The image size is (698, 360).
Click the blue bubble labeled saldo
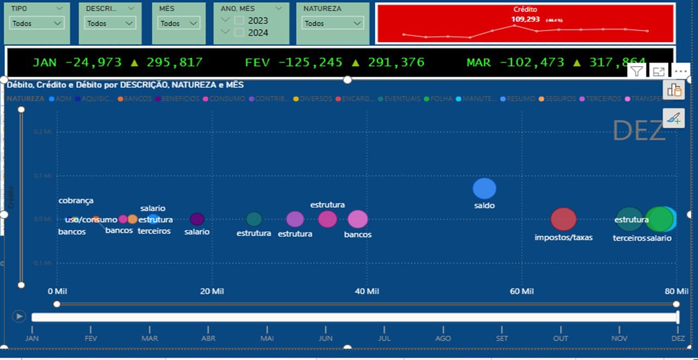pos(484,189)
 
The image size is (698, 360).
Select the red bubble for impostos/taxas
pos(563,219)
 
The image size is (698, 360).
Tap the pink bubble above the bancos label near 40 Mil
pos(358,219)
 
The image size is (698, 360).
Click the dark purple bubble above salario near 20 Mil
pos(197,219)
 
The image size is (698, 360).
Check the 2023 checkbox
pos(239,21)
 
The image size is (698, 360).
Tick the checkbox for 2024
pos(239,33)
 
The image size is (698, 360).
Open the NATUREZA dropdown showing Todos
pos(333,23)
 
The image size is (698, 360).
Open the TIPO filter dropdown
pos(37,23)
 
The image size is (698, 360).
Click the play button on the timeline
pos(19,316)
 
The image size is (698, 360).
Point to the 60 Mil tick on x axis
pos(522,291)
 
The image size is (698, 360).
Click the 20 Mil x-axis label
pos(212,291)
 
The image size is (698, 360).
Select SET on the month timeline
pos(502,338)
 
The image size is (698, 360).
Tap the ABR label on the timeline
pos(208,338)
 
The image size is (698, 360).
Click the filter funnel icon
pos(637,71)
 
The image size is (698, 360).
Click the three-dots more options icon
pos(680,71)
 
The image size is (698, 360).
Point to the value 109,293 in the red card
pos(525,19)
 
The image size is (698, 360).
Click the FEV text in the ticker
pos(257,62)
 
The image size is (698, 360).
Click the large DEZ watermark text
pos(639,131)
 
